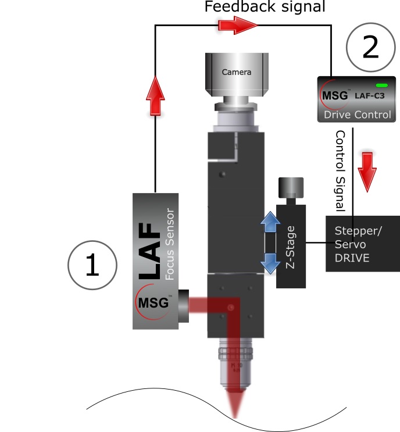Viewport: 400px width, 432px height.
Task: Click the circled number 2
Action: tap(370, 48)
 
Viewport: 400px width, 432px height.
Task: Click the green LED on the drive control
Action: tap(381, 85)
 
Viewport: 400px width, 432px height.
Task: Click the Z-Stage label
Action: tap(291, 247)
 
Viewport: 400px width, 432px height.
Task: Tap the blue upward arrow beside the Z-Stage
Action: tap(269, 223)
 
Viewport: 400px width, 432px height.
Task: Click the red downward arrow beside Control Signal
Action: tap(367, 170)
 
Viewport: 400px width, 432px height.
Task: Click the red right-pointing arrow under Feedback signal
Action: tap(237, 25)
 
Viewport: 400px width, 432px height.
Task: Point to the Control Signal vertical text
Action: tap(340, 170)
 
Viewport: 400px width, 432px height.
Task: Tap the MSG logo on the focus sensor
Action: tap(152, 303)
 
